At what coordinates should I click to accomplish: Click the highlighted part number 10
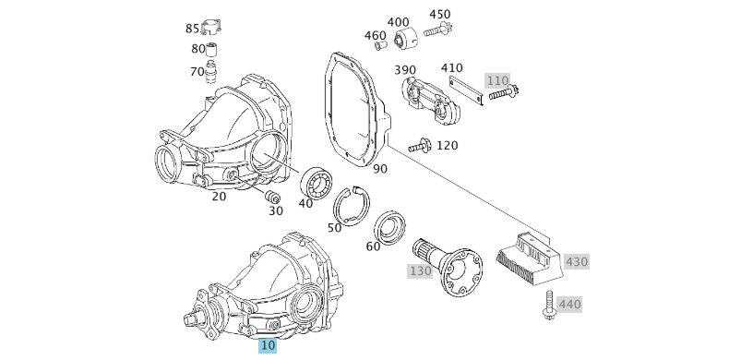pos(268,345)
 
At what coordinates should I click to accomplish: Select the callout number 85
pos(192,29)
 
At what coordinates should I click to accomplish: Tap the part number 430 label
pos(577,261)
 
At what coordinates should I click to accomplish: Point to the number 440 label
pos(570,304)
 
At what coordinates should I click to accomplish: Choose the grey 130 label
pos(421,270)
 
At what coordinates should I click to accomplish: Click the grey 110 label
pos(497,80)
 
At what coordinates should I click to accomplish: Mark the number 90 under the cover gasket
pos(380,169)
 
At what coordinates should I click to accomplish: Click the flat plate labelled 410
pos(466,90)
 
